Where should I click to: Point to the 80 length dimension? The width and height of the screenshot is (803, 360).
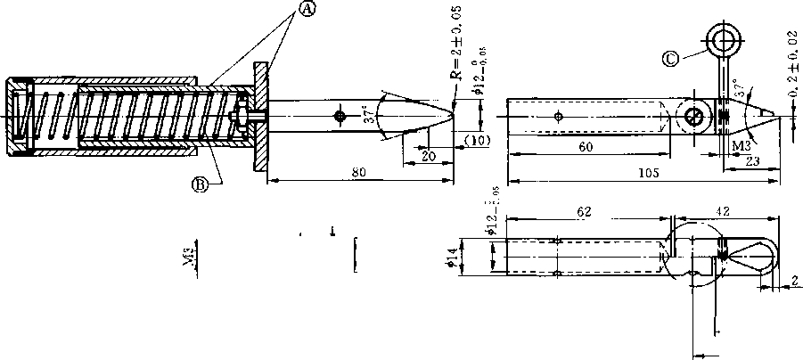(357, 174)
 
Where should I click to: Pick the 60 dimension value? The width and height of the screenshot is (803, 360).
(586, 147)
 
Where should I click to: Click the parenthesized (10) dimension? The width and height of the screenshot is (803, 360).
(477, 141)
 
